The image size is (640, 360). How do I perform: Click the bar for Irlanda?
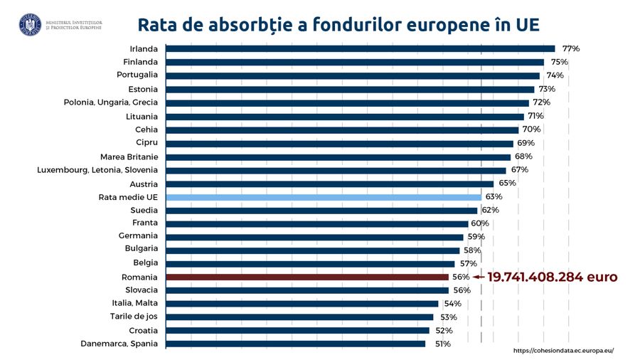pyautogui.click(x=360, y=49)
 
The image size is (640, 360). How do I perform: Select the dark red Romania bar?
pyautogui.click(x=306, y=277)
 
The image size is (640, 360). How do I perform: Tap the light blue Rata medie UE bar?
pyautogui.click(x=324, y=196)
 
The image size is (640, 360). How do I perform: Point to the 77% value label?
pyautogui.click(x=571, y=49)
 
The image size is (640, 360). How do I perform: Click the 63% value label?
pyautogui.click(x=494, y=196)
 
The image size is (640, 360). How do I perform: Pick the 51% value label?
pyautogui.click(x=442, y=344)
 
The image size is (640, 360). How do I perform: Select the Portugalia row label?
pyautogui.click(x=137, y=75)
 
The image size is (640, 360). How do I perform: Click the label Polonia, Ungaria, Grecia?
pyautogui.click(x=111, y=102)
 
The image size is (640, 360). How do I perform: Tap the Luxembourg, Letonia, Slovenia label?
pyautogui.click(x=97, y=170)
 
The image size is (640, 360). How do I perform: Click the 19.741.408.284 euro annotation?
pyautogui.click(x=552, y=277)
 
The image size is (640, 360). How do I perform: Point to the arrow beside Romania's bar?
pyautogui.click(x=479, y=277)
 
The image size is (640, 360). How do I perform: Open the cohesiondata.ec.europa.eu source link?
pyautogui.click(x=562, y=351)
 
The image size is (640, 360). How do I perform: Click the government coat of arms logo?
pyautogui.click(x=30, y=25)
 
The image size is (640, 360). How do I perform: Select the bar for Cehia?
pyautogui.click(x=341, y=129)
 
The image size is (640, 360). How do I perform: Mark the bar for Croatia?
pyautogui.click(x=297, y=330)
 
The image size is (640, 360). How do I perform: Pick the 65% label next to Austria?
pyautogui.click(x=507, y=183)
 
